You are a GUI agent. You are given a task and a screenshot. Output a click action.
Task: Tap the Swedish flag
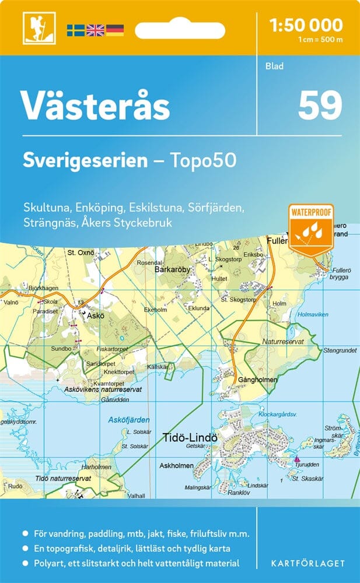(75, 30)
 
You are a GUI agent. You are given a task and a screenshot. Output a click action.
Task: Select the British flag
(95, 30)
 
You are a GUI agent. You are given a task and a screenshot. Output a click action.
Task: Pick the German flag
(114, 30)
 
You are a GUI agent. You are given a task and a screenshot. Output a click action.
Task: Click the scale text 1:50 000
(306, 25)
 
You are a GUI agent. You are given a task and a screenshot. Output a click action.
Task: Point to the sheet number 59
(320, 106)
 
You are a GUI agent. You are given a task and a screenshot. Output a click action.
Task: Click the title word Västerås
(96, 106)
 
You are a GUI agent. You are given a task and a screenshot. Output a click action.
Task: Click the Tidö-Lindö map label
(189, 437)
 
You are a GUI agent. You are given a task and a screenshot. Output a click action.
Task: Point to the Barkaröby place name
(173, 270)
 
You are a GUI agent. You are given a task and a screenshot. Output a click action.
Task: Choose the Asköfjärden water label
(129, 420)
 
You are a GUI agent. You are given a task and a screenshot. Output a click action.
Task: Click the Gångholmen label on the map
(257, 379)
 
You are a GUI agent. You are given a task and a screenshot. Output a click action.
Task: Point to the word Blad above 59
(274, 66)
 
